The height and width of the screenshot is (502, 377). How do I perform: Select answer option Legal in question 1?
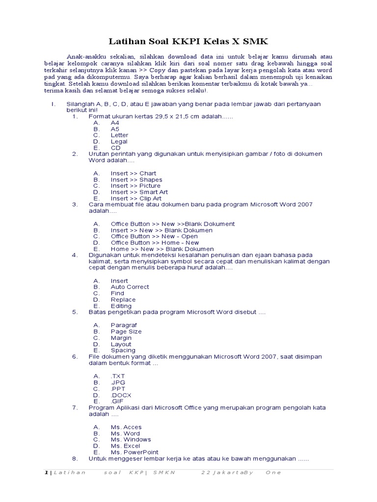coord(119,141)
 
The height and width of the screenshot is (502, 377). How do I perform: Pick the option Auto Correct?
coord(130,287)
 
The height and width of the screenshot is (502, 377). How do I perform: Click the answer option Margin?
coord(121,338)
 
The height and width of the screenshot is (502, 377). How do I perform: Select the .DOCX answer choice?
coord(121,395)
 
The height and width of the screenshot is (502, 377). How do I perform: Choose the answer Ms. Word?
coord(125,433)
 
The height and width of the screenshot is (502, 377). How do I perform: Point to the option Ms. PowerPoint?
coord(135,452)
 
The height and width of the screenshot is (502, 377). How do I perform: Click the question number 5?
coord(75,312)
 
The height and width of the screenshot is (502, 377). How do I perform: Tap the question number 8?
coord(75,459)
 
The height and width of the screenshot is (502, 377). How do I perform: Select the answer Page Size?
coord(126,331)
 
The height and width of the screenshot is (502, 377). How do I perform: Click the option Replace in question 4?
coord(123,300)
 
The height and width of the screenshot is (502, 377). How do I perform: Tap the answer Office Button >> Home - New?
coord(155,243)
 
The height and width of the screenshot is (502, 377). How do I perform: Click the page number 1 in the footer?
coord(46,473)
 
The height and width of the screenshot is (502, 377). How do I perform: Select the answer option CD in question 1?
coord(115,148)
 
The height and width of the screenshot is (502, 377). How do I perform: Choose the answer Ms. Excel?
coord(125,446)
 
